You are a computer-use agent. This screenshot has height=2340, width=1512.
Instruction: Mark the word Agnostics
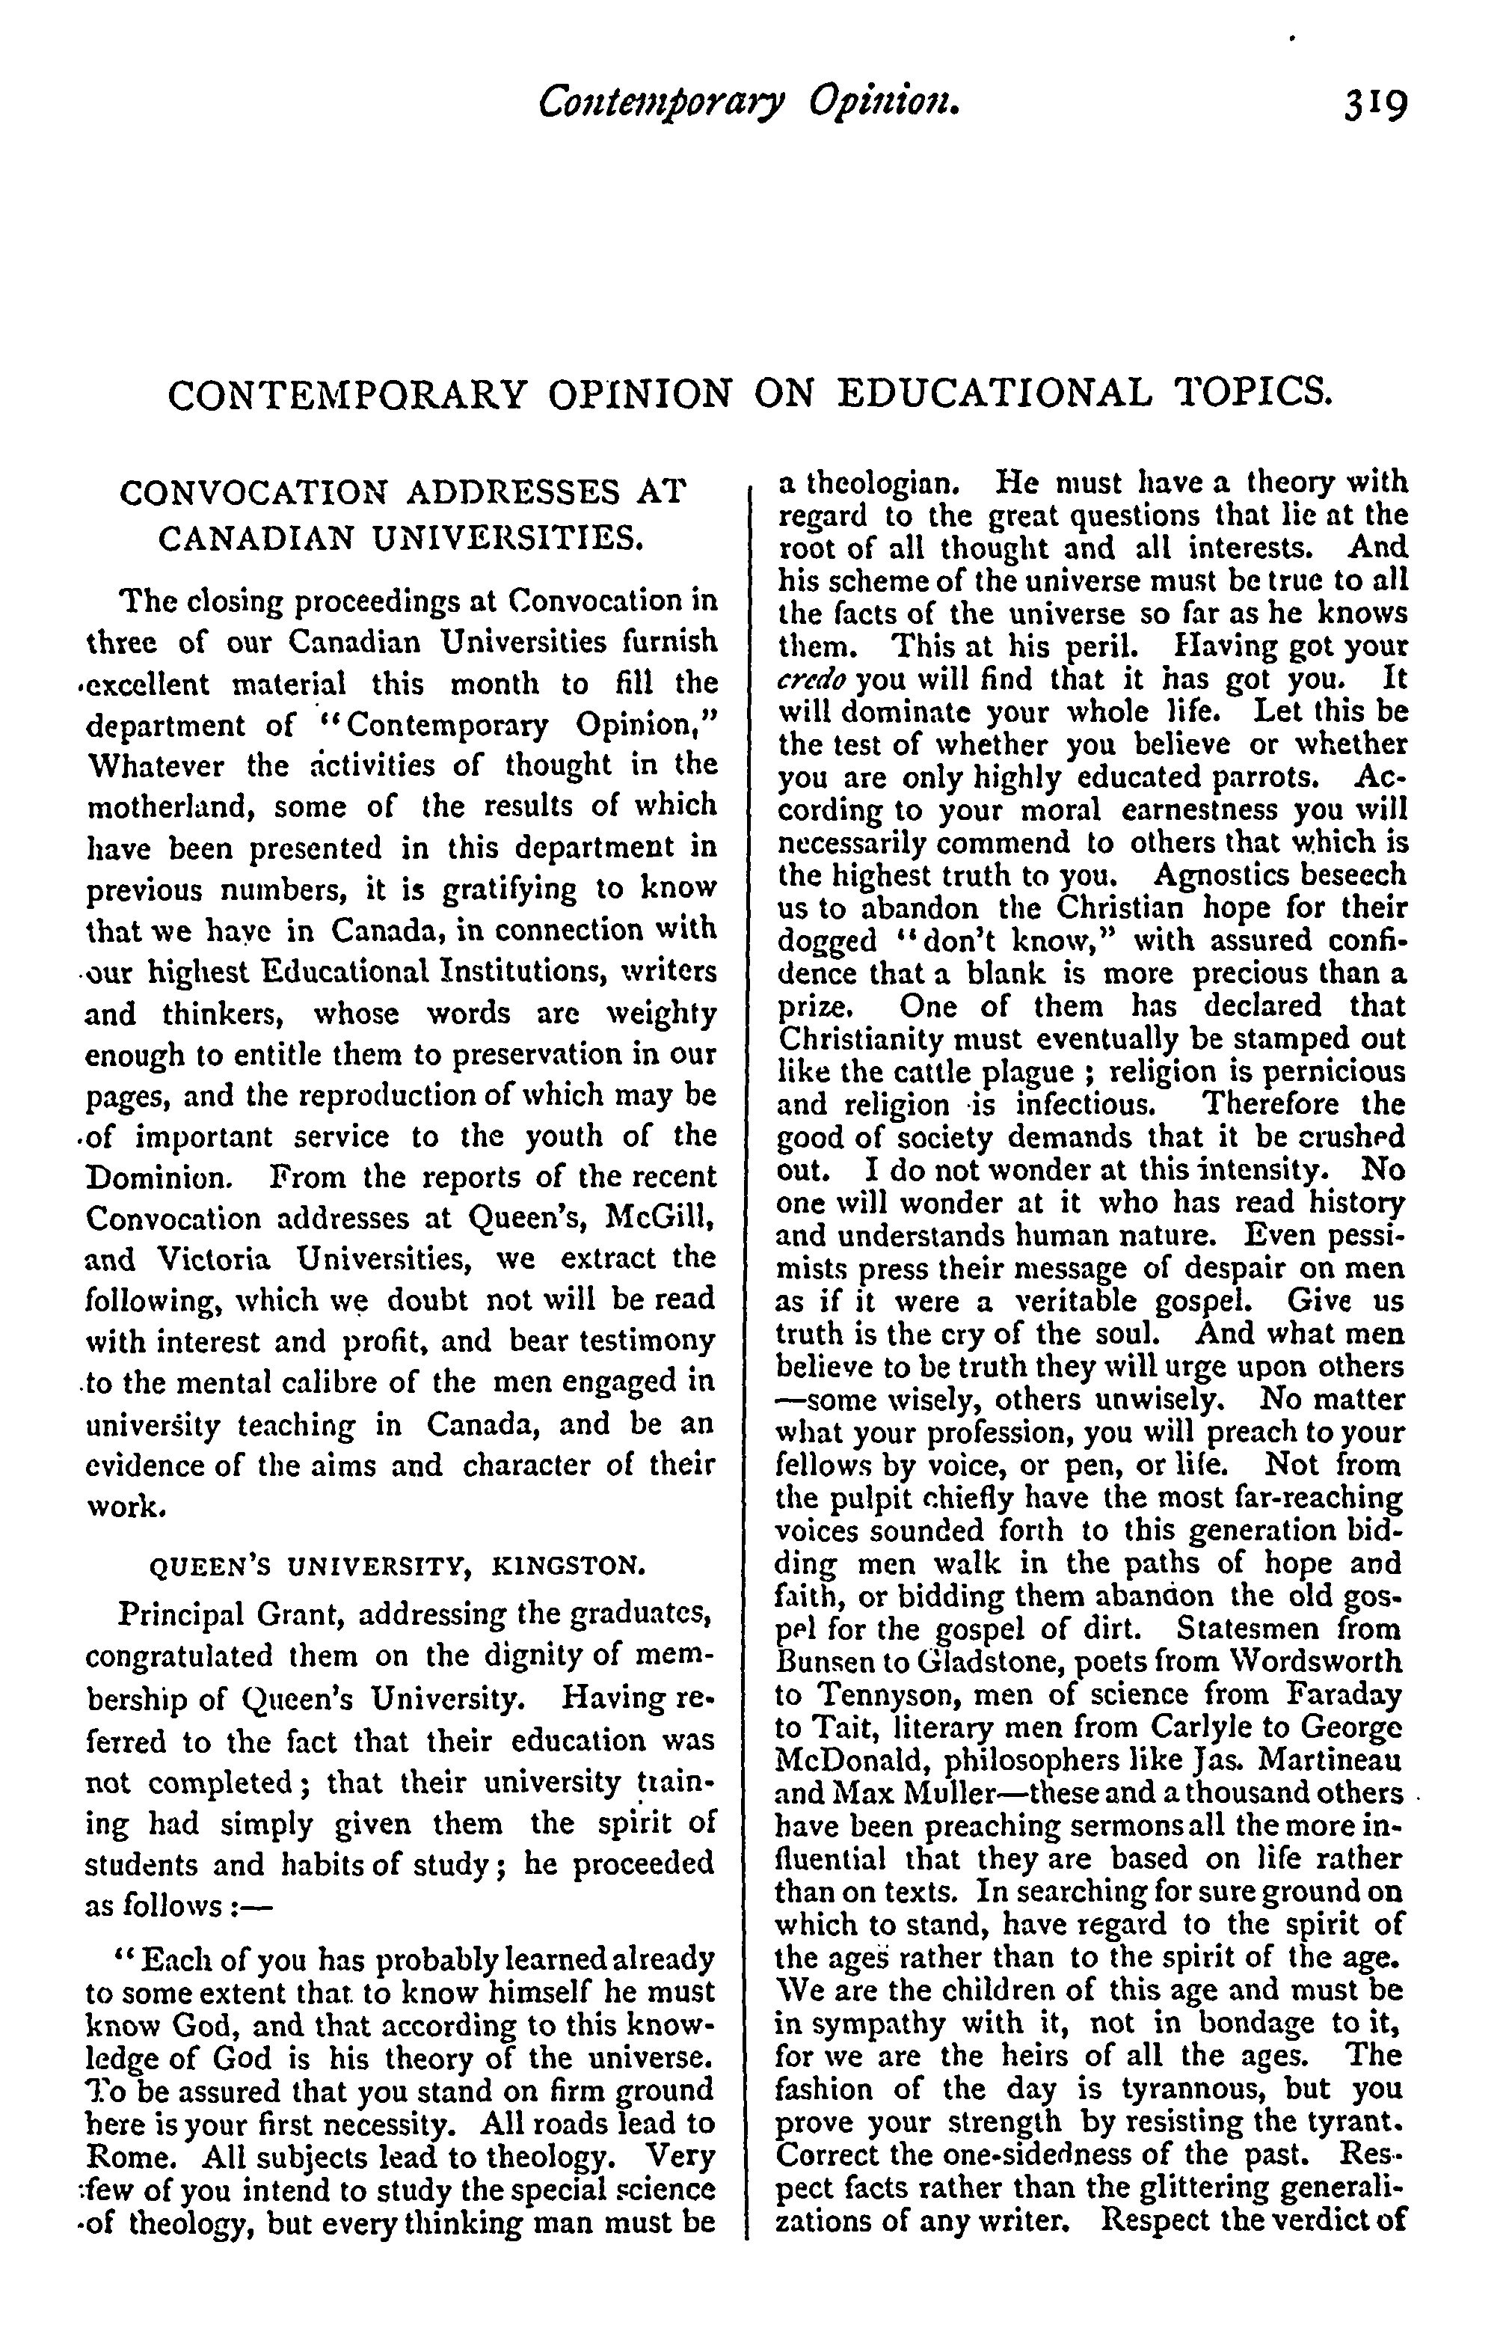1230,875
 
